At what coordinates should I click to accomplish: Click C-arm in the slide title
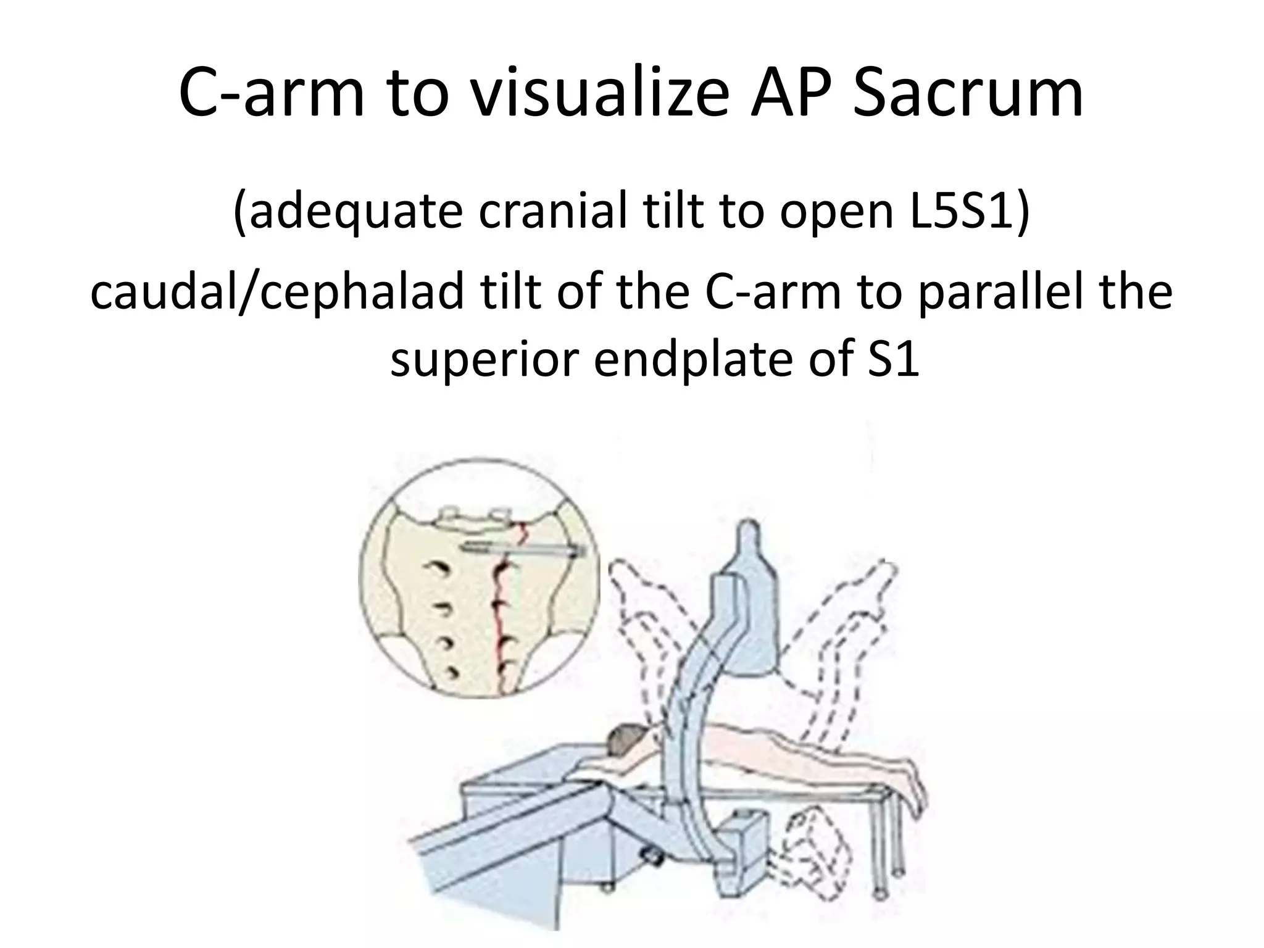pyautogui.click(x=272, y=94)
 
